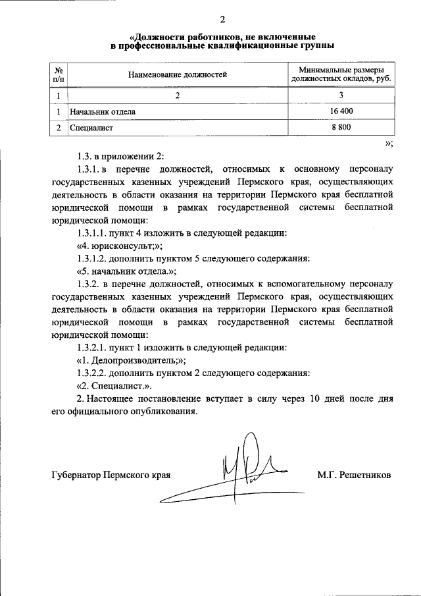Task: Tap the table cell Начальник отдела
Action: pyautogui.click(x=103, y=111)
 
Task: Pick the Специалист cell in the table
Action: pyautogui.click(x=92, y=127)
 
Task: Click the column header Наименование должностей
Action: pyautogui.click(x=177, y=75)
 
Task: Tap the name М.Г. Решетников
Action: pyautogui.click(x=353, y=474)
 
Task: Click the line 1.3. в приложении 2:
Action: pyautogui.click(x=118, y=156)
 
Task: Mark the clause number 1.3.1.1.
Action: pyautogui.click(x=92, y=233)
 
